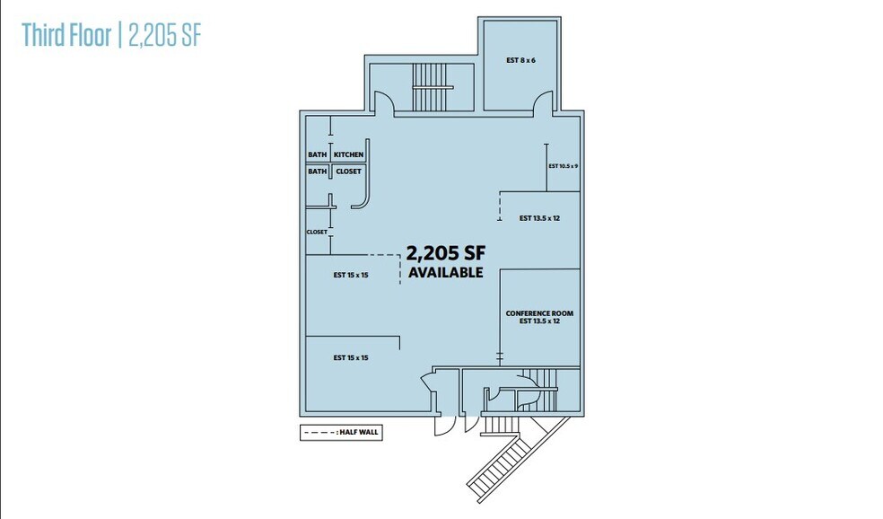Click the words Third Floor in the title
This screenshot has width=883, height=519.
pos(66,35)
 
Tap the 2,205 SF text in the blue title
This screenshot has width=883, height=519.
pos(164,35)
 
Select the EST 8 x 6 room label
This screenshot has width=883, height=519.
pos(520,60)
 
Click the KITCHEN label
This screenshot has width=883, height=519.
pos(348,154)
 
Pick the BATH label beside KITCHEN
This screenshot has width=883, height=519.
pos(317,154)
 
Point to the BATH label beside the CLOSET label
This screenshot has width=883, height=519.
pos(317,172)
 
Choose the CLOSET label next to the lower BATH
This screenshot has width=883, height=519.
pos(348,172)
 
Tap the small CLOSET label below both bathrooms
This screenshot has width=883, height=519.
pos(317,233)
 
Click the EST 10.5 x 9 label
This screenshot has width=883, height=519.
pos(564,166)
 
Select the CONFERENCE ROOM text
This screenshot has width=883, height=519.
pos(539,313)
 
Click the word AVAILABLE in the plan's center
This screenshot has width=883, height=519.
pos(445,272)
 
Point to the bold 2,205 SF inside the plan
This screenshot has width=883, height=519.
pos(445,253)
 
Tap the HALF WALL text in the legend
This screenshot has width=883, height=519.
pos(359,432)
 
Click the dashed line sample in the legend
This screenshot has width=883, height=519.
pos(319,433)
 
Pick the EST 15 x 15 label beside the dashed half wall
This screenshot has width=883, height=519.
pos(351,275)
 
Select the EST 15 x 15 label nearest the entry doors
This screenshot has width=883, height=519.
pos(351,358)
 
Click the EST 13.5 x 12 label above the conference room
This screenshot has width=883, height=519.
pos(539,218)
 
